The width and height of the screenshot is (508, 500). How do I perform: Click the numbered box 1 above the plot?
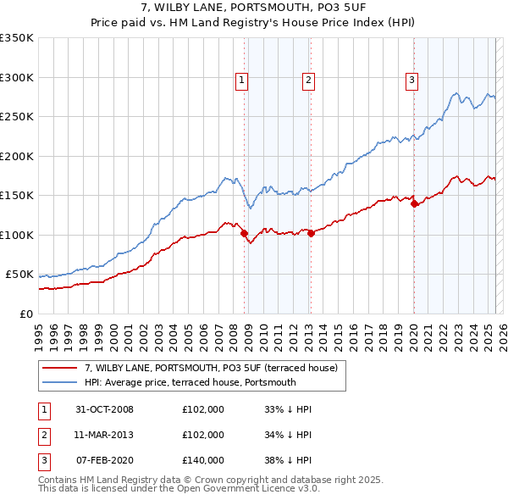[x=241, y=81]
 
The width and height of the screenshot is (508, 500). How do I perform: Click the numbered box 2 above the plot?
[x=307, y=81]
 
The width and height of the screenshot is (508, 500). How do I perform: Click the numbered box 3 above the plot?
[x=411, y=81]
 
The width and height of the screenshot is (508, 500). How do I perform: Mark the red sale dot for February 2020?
[x=414, y=203]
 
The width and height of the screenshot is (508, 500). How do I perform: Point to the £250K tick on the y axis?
[x=18, y=117]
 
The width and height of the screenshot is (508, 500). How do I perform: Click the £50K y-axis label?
[x=20, y=275]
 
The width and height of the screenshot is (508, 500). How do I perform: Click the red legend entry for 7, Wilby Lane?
[x=211, y=368]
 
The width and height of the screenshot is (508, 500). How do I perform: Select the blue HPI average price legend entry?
[x=190, y=382]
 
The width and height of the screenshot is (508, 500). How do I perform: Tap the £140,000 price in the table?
[x=203, y=460]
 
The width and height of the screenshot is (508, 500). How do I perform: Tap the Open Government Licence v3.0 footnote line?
[x=179, y=489]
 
